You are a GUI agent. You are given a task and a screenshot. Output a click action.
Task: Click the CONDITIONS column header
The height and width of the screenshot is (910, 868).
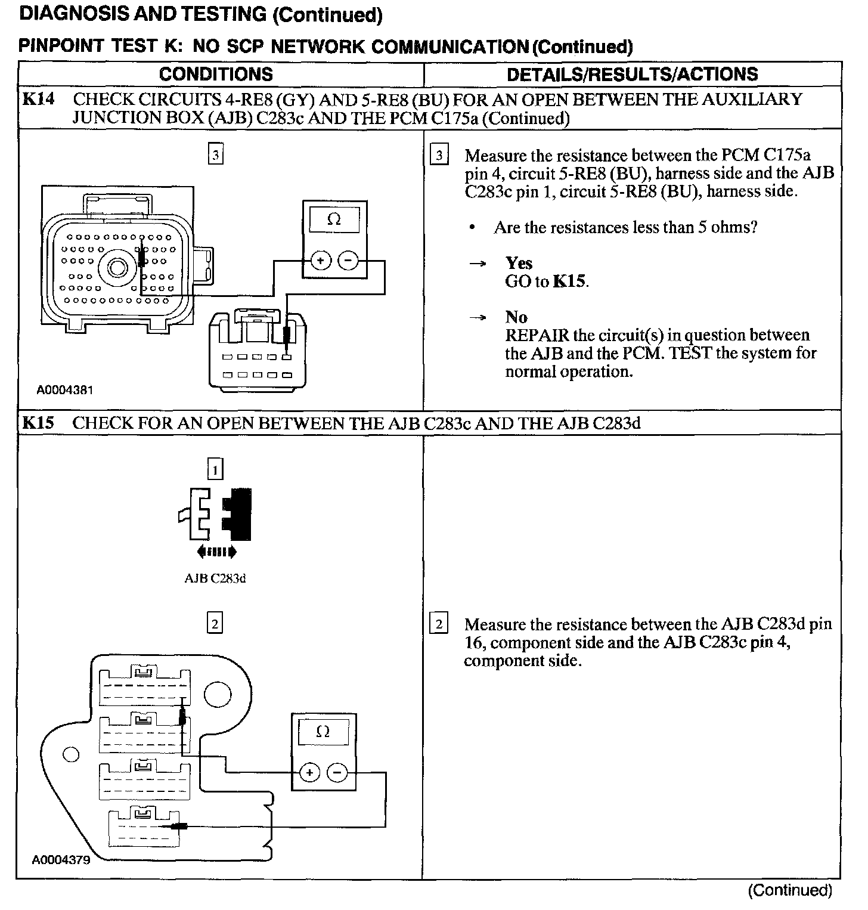tap(216, 74)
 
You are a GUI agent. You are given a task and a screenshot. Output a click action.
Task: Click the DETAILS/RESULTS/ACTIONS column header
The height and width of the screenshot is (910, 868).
tap(632, 74)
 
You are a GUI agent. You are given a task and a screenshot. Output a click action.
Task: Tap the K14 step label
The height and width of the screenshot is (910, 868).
tap(38, 99)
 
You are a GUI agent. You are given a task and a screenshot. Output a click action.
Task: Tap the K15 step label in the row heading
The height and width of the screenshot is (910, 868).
tap(38, 423)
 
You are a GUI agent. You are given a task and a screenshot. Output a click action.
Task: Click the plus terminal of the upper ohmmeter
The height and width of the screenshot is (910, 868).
tap(321, 261)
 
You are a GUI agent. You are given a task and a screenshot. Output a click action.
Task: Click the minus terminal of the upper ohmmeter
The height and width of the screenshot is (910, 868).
tap(348, 261)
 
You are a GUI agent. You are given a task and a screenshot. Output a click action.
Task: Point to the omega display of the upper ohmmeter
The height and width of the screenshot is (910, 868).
tap(334, 220)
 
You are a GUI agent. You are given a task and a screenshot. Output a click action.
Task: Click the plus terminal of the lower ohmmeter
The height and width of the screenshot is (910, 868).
tap(309, 773)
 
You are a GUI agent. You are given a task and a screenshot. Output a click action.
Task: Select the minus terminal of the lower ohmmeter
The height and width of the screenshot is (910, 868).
tap(337, 773)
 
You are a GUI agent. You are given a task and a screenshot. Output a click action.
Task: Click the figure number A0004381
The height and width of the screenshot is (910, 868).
tap(64, 391)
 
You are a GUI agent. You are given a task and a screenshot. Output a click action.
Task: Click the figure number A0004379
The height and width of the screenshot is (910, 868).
tap(61, 861)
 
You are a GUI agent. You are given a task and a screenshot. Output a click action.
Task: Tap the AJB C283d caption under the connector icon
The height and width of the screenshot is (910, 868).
tap(215, 578)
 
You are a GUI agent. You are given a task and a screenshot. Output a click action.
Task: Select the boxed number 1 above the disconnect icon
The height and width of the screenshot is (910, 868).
tap(215, 471)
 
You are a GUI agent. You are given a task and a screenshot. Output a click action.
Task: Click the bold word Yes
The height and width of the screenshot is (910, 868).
tap(519, 264)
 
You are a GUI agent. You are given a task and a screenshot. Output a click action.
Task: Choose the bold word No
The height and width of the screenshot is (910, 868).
tap(516, 317)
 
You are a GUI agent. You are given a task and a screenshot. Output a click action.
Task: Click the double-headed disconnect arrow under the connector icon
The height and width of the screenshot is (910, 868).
tap(216, 552)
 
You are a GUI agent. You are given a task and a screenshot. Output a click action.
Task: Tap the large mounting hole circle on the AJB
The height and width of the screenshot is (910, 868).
tap(218, 694)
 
